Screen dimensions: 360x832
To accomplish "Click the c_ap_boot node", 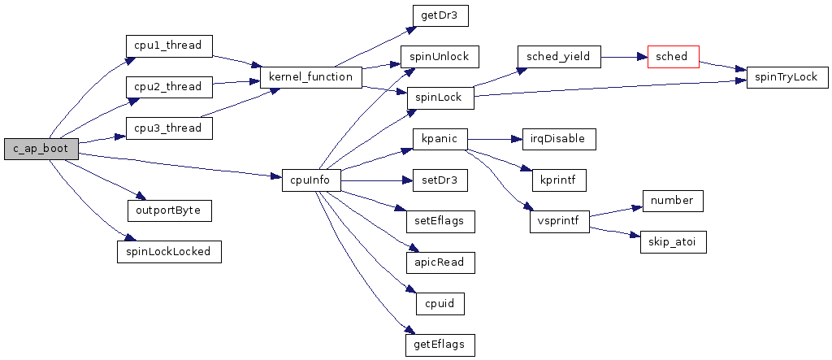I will pos(41,149).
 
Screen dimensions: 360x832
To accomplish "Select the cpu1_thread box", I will pos(168,46).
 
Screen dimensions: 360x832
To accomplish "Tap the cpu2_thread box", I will pos(168,86).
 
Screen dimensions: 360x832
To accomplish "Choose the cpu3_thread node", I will pos(168,128).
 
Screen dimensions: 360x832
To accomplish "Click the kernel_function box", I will pos(310,77).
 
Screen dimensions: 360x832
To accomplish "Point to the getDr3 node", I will pos(440,15).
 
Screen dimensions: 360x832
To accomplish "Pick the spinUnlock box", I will pos(440,57).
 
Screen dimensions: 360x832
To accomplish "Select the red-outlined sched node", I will pos(673,57).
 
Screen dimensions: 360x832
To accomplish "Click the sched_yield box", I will pos(557,57).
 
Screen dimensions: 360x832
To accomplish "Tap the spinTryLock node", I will pos(787,77).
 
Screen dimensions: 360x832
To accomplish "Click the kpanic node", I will pos(440,139).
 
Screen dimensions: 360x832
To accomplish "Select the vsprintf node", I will pos(558,221).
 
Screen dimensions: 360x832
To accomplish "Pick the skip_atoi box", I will pos(673,242).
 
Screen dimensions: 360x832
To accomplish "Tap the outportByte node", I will pos(169,210).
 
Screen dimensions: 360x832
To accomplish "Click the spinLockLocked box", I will pos(169,251).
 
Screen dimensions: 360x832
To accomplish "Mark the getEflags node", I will pos(440,345).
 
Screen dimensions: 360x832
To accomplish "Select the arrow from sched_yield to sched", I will pos(623,58).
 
